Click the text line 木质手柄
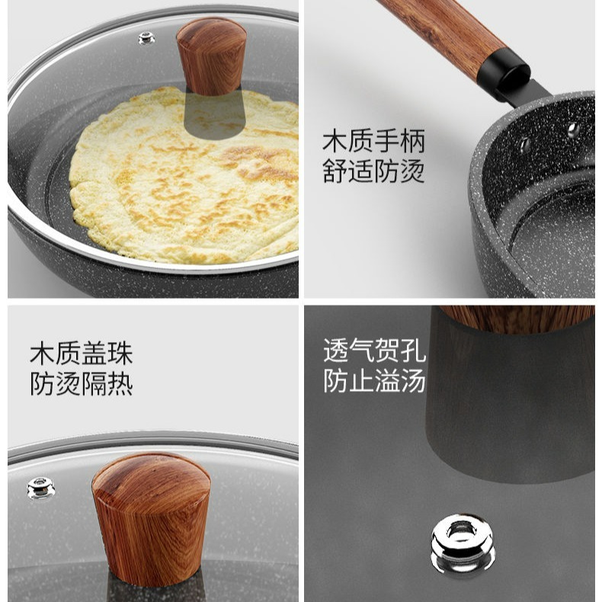click(x=373, y=141)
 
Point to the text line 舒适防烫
click(x=373, y=171)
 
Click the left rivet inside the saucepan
click(x=524, y=143)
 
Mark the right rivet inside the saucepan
click(x=573, y=130)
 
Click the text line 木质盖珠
click(x=82, y=353)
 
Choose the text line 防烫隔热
click(x=82, y=383)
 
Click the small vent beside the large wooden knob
click(x=41, y=487)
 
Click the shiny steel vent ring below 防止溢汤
click(x=463, y=543)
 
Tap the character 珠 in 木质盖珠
click(x=120, y=353)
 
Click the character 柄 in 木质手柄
click(x=411, y=141)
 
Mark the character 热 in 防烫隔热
click(x=120, y=383)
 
